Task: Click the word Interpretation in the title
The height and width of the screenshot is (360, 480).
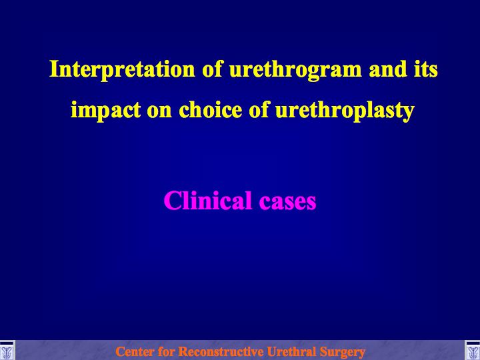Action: click(x=122, y=69)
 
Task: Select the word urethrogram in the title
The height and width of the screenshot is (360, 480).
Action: click(x=295, y=70)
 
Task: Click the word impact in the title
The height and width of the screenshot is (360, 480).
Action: click(x=105, y=111)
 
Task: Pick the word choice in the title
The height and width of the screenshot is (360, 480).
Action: click(x=210, y=109)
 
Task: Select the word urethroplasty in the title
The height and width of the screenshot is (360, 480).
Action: click(x=345, y=111)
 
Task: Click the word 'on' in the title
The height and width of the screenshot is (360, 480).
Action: click(x=159, y=111)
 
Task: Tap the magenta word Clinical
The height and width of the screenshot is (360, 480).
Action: click(x=208, y=200)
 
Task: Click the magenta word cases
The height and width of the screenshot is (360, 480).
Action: click(x=288, y=203)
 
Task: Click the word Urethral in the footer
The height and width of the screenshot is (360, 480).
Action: click(x=291, y=351)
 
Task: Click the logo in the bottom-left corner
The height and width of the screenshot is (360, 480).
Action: click(x=7, y=350)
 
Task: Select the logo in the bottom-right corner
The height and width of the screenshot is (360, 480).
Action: click(x=473, y=350)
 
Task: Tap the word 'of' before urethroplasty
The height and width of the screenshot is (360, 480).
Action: click(x=259, y=109)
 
